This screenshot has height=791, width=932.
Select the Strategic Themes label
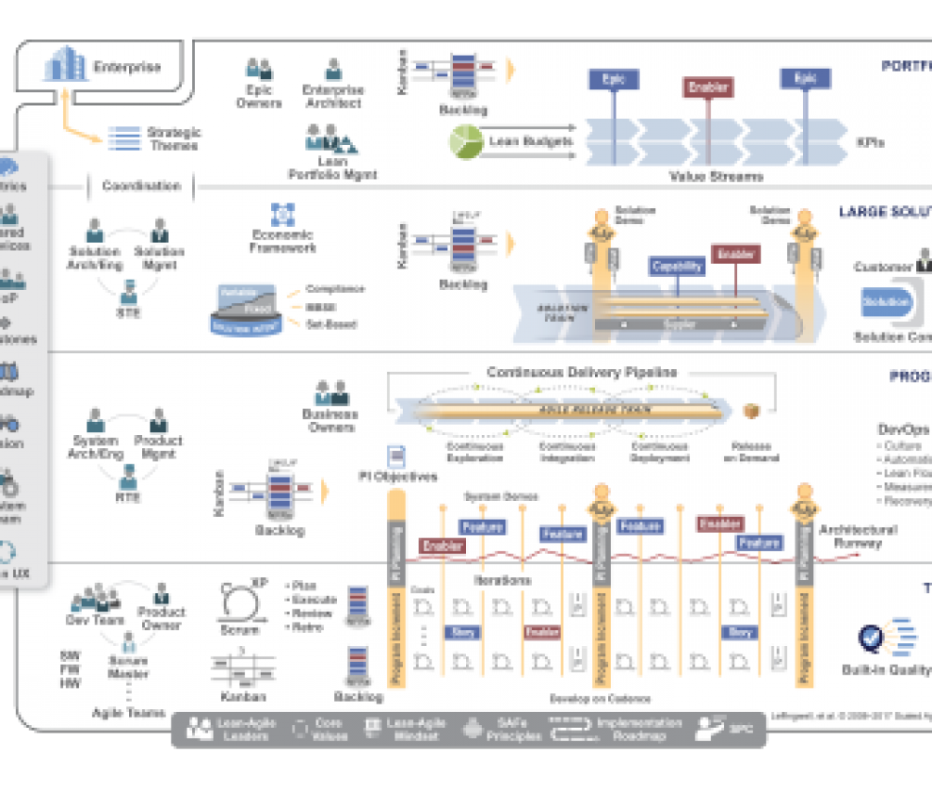click(x=173, y=138)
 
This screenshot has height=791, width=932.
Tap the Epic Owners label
click(x=259, y=96)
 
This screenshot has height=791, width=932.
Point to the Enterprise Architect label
click(x=333, y=96)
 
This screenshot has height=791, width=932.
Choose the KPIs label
click(x=871, y=142)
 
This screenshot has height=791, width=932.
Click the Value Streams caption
click(x=715, y=176)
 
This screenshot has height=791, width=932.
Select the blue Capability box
click(x=677, y=266)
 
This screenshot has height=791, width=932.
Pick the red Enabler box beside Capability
click(x=736, y=255)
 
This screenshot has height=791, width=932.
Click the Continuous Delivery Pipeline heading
click(x=581, y=372)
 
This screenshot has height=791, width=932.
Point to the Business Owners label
click(x=329, y=420)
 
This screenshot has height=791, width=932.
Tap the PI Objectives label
click(x=397, y=476)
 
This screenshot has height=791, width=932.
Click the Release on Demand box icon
click(x=751, y=412)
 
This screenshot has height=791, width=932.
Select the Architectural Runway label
click(x=858, y=536)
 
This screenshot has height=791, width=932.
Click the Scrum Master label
click(x=127, y=667)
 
